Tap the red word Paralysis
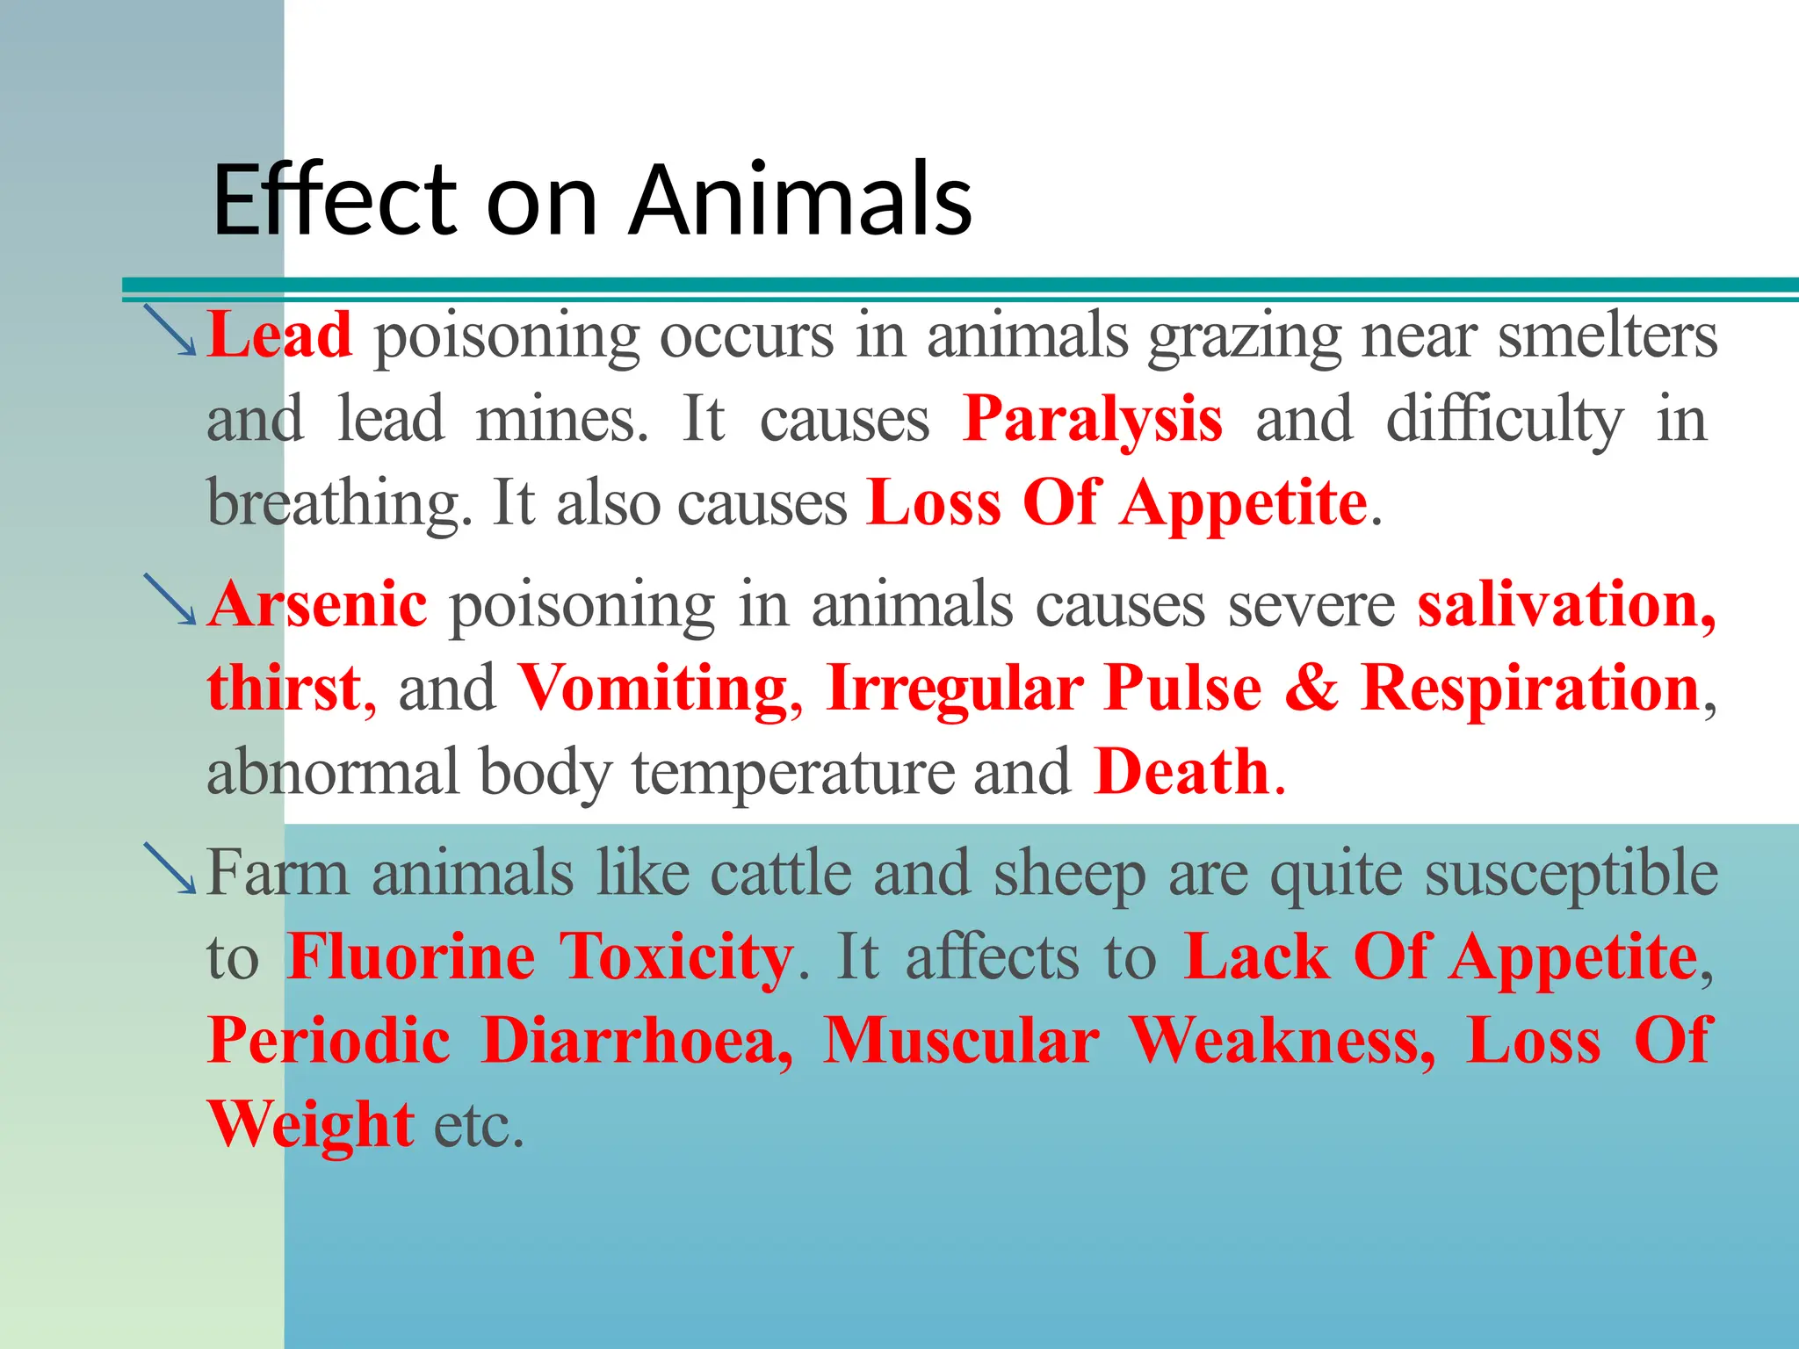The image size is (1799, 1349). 1092,419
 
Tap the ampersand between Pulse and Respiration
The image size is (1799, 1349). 1311,689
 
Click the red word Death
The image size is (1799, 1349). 1182,772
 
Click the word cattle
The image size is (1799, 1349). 781,874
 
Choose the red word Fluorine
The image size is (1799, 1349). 411,957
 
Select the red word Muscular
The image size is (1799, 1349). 961,1042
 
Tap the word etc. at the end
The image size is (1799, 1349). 479,1125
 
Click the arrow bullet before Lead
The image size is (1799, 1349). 170,330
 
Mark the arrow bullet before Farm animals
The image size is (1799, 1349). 170,869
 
